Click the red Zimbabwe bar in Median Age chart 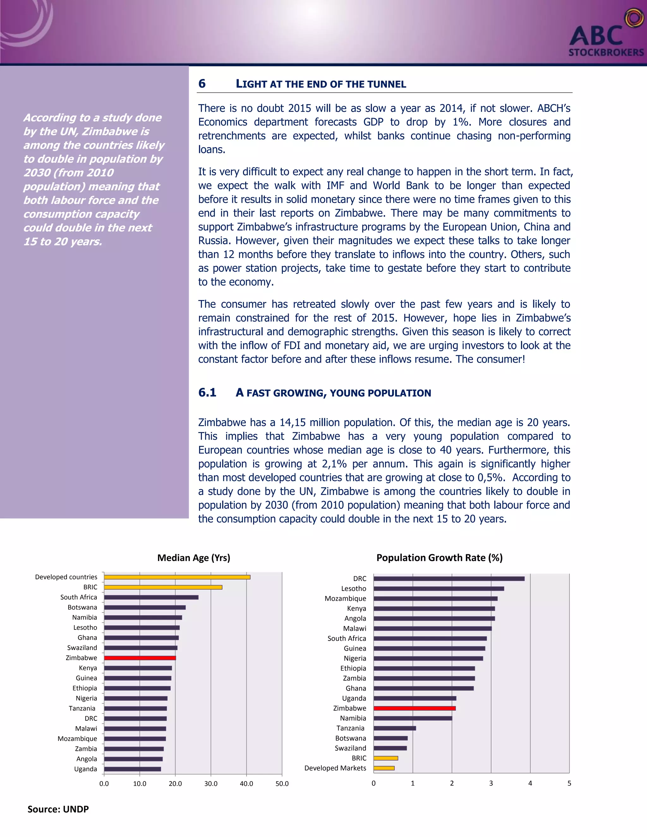[140, 658]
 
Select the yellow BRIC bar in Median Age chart [163, 587]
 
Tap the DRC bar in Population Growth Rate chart [449, 579]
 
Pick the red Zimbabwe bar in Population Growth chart [414, 708]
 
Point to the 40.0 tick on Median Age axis [246, 784]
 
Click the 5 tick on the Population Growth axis [569, 783]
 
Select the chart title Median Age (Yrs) [194, 557]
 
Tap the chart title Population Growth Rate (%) [439, 557]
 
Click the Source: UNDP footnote [58, 809]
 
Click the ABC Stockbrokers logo [606, 36]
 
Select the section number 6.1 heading [207, 392]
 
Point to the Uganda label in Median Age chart [86, 769]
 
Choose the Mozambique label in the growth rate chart [345, 599]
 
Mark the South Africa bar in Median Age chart [151, 597]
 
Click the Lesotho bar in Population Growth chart [438, 589]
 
